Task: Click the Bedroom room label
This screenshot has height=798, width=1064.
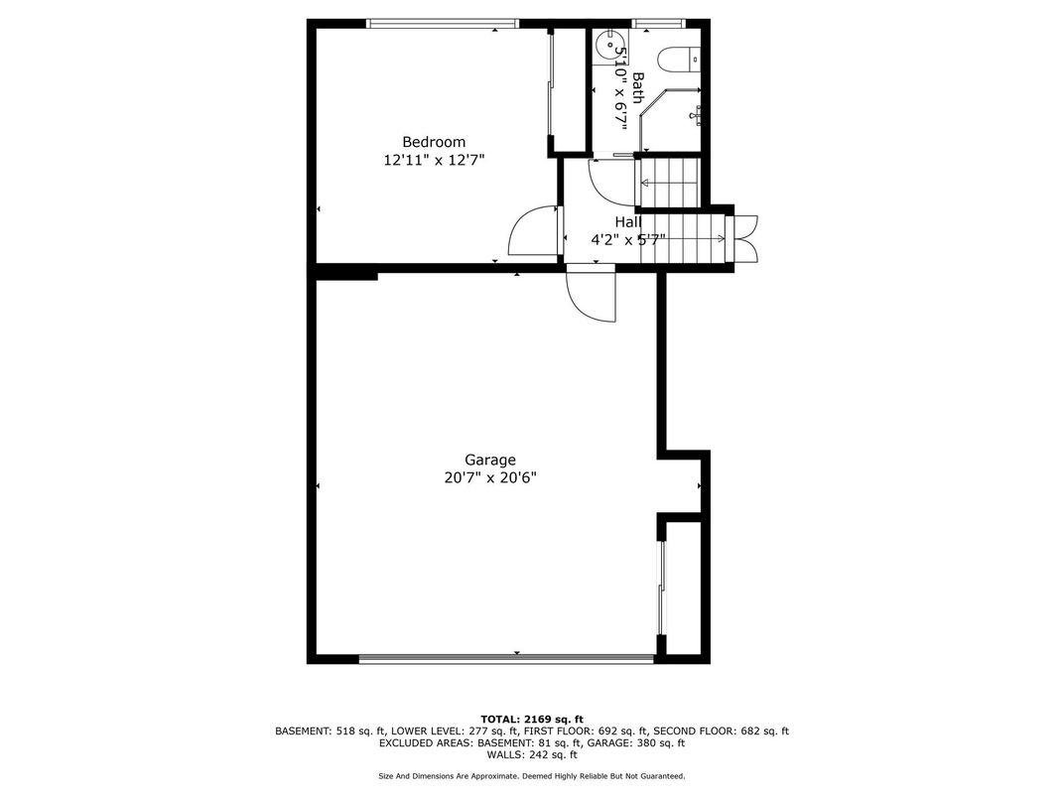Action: pos(434,142)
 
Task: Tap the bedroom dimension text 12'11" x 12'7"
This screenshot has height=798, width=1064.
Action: pos(434,160)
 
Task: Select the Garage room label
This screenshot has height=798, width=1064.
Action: pos(490,461)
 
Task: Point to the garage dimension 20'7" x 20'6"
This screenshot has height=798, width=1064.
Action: pos(490,477)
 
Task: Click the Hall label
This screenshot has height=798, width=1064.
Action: pos(628,222)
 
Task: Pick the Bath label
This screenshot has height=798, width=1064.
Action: pos(638,87)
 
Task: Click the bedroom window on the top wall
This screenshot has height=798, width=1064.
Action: pos(443,23)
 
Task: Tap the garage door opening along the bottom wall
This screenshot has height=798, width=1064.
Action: pos(506,657)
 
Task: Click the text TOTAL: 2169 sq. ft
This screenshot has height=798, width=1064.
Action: pos(531,719)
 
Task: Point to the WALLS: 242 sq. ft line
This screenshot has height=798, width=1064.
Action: pos(531,754)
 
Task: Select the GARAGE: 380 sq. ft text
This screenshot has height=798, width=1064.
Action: pos(633,742)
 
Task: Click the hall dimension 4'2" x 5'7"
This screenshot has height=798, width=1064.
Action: pos(627,239)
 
